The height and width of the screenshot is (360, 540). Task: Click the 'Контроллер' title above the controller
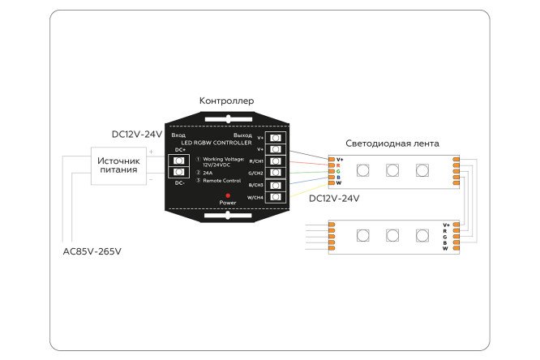coord(226,101)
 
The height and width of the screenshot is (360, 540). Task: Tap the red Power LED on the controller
coord(228,195)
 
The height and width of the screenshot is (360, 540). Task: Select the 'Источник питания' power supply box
coord(119,166)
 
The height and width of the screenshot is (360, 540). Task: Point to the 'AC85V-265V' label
coord(92,251)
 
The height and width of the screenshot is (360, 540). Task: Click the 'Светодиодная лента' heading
coord(392,144)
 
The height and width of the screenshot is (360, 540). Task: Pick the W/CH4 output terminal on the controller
coord(276,197)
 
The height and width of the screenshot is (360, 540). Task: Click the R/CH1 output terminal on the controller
coord(276,161)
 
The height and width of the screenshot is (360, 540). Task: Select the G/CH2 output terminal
coord(276,174)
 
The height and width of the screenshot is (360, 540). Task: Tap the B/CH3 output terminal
coord(276,185)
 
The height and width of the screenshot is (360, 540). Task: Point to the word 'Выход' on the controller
coord(242,135)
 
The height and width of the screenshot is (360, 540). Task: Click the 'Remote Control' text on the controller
coord(221,180)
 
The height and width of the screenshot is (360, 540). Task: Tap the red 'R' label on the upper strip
coord(339,165)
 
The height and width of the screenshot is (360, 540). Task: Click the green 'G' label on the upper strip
coord(339,171)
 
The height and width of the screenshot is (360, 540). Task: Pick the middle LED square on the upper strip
coord(392,170)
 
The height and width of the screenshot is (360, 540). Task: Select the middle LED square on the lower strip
coord(392,236)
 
